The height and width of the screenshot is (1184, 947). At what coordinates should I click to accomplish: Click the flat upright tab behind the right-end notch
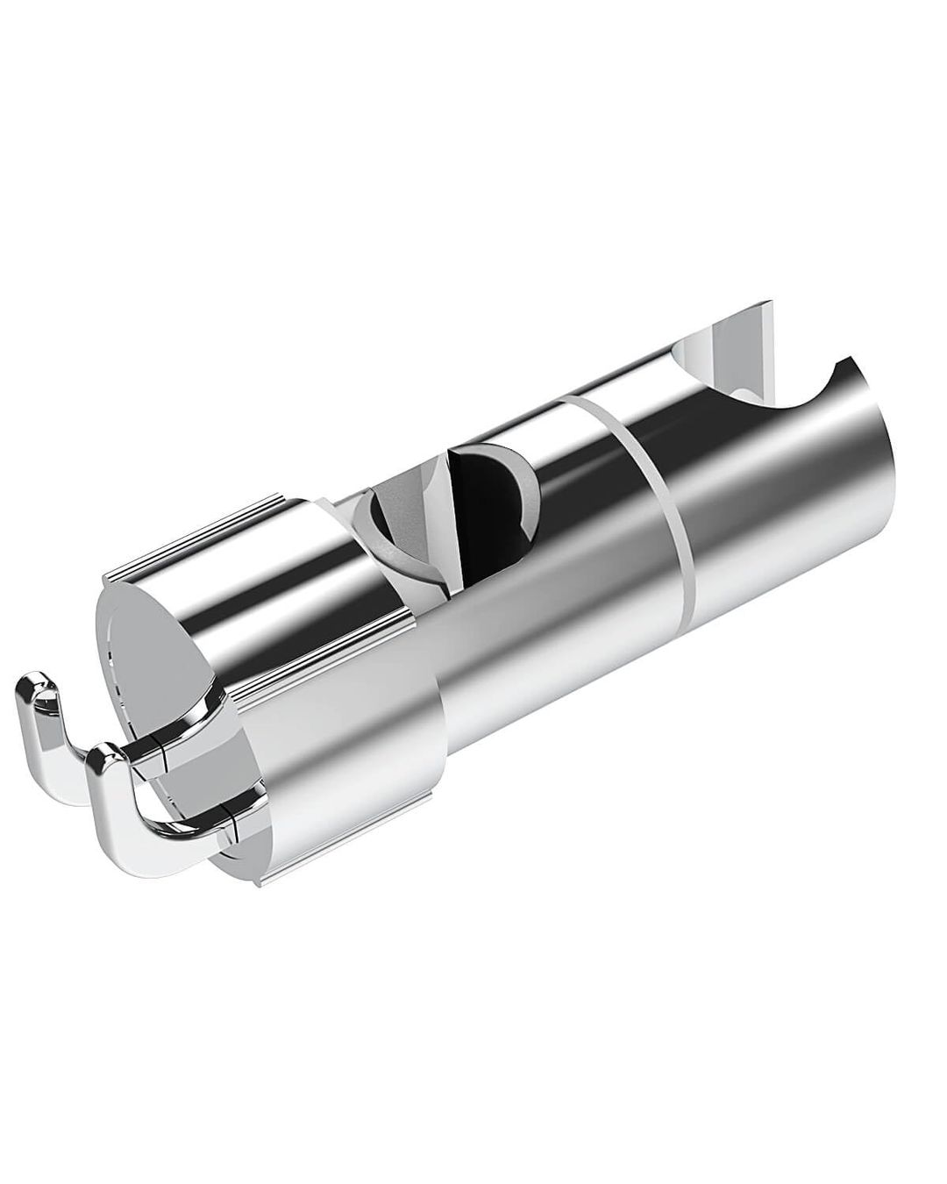coord(737,342)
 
